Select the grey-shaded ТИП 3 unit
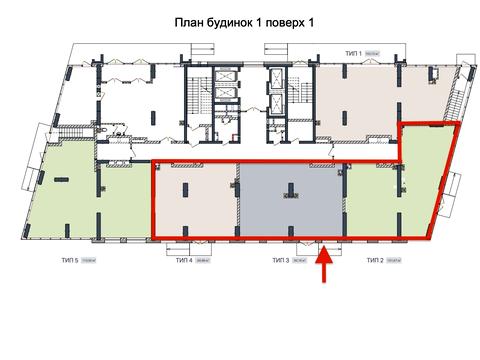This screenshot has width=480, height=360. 291,200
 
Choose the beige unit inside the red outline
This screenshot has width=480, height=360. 195,200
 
